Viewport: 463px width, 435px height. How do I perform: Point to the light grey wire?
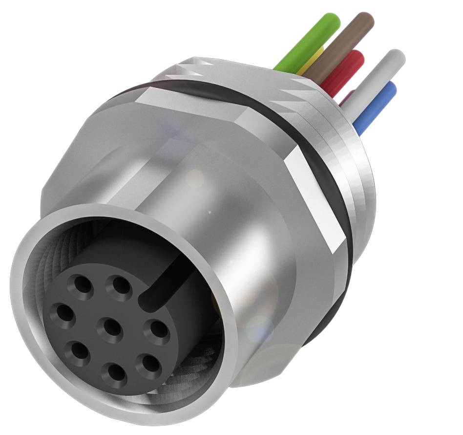click(376, 78)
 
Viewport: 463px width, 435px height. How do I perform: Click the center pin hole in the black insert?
click(111, 328)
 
